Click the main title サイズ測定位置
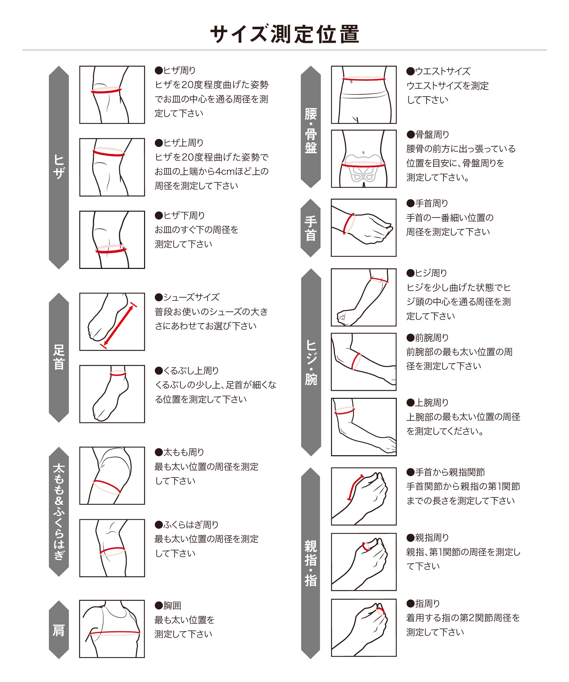pos(284,34)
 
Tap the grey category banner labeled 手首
pos(310,228)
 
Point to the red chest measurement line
pos(114,633)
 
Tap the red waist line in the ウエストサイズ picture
pos(364,79)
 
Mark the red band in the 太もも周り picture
pos(107,486)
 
